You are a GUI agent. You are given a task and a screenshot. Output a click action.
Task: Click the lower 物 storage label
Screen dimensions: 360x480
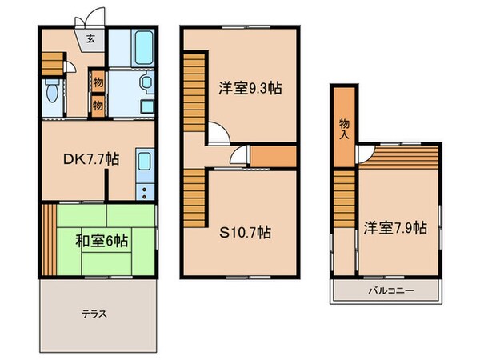tap(97, 104)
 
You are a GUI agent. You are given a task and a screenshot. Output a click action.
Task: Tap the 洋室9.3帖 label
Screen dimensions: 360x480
tap(251, 89)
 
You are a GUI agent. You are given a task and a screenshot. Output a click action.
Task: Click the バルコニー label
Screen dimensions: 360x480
tap(391, 291)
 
